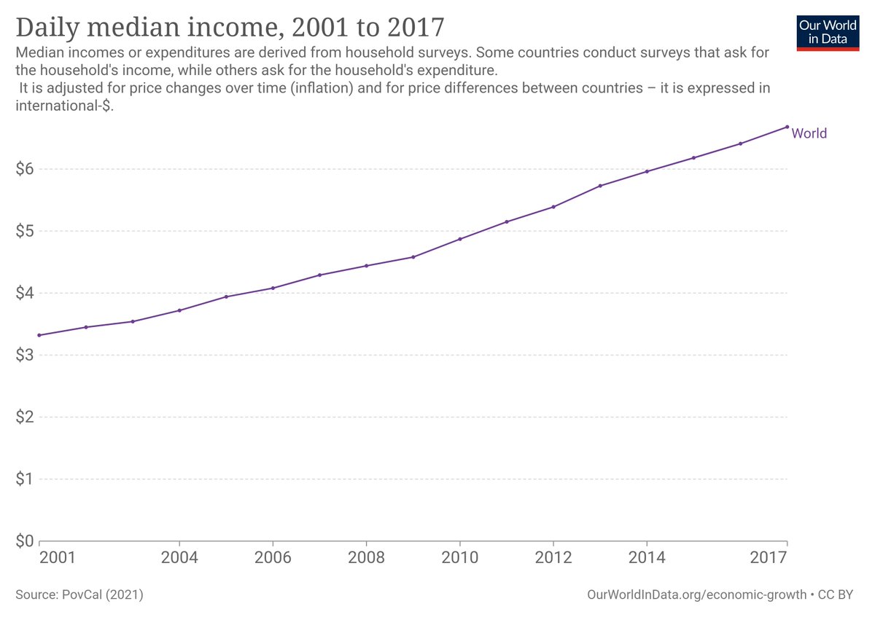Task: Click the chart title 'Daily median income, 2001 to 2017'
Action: tap(230, 27)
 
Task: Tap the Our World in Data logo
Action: tap(827, 31)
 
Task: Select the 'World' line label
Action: tap(809, 133)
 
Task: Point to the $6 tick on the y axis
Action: tap(25, 169)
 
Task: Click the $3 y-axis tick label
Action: tap(25, 355)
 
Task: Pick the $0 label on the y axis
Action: tap(25, 541)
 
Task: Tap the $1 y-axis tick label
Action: tap(25, 479)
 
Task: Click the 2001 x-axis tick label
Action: tap(57, 559)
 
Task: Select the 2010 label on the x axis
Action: tap(459, 559)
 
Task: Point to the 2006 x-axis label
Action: tap(273, 559)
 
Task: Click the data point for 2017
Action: tap(787, 127)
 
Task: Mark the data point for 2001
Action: tap(39, 335)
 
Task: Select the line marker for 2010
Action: tap(460, 239)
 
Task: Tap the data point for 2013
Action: tap(600, 186)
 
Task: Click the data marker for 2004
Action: tap(179, 310)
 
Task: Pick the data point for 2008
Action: tap(366, 266)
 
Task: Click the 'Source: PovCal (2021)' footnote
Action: tap(79, 595)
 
